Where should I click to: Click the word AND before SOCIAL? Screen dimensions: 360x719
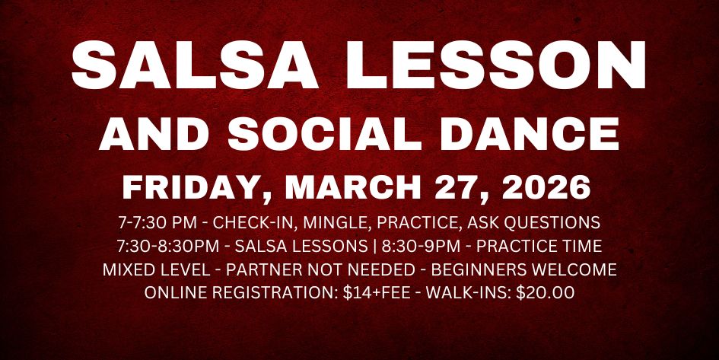pos(157,135)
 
